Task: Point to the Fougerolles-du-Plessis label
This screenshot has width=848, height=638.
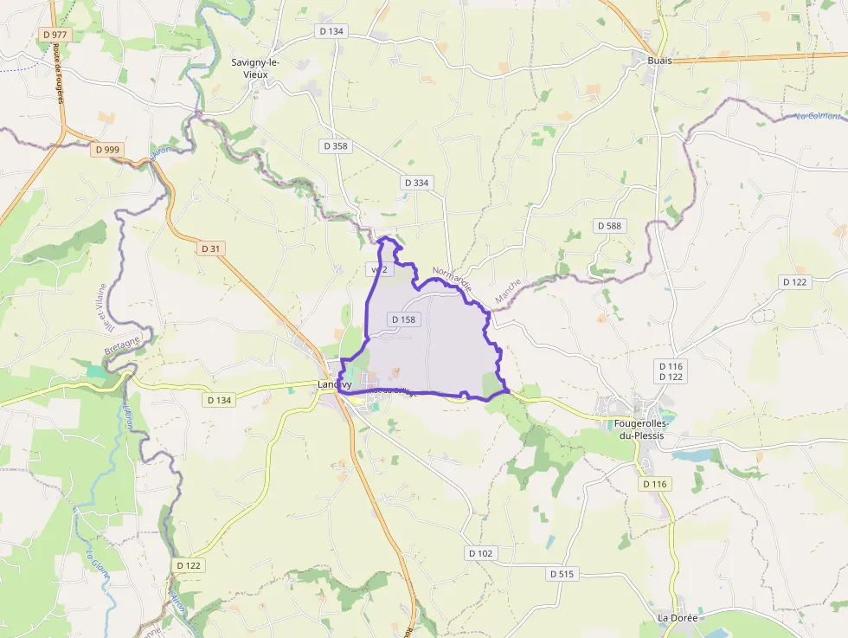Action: click(x=639, y=429)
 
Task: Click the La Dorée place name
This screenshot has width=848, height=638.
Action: click(x=678, y=618)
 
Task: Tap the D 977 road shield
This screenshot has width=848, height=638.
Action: click(x=55, y=35)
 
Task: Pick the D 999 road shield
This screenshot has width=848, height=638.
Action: click(x=108, y=149)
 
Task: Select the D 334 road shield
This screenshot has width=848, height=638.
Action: click(x=415, y=183)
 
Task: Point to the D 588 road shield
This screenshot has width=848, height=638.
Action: click(x=609, y=225)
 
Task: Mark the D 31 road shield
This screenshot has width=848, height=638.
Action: click(x=211, y=248)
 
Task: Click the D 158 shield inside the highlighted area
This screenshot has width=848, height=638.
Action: click(x=403, y=319)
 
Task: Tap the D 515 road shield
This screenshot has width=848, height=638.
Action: click(x=562, y=573)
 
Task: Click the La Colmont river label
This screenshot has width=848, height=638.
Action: click(x=818, y=117)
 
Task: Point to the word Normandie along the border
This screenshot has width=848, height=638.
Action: click(x=452, y=278)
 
